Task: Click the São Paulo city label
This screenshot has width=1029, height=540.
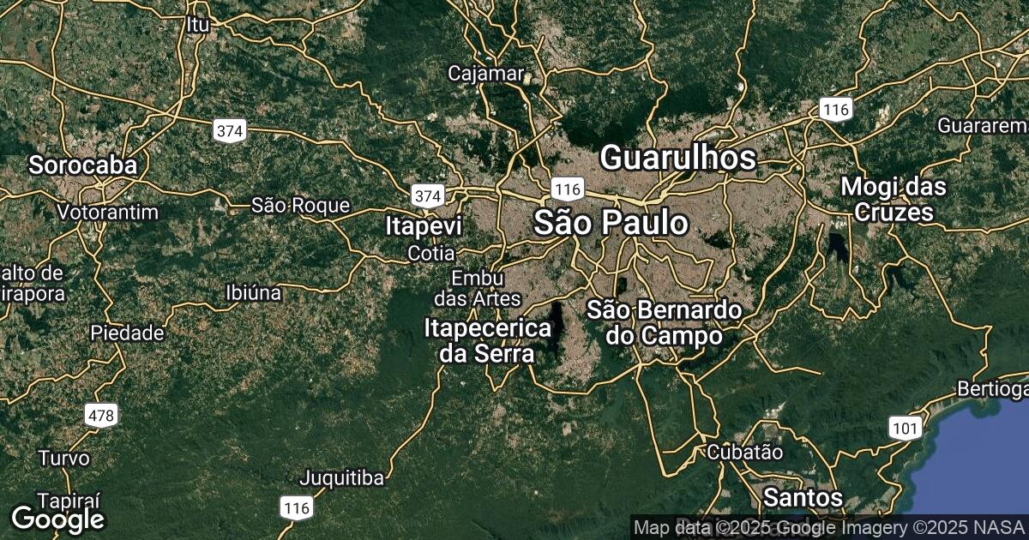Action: point(611,223)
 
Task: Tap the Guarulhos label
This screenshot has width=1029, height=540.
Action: point(677,158)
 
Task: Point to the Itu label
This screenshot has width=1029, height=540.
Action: point(197,25)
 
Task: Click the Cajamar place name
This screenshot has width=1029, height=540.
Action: point(485,74)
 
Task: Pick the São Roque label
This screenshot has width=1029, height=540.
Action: point(300,206)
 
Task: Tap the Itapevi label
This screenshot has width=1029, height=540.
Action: point(424,226)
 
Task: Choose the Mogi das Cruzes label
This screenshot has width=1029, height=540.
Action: point(893,199)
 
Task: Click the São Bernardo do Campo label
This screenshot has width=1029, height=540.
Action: point(664,322)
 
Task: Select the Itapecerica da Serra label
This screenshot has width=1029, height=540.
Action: point(487,341)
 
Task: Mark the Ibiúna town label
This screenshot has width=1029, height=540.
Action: point(253,292)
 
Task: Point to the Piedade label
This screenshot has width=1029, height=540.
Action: point(128,333)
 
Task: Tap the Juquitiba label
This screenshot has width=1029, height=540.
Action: point(341,477)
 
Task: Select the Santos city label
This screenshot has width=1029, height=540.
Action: point(803,496)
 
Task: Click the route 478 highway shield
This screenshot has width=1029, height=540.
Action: point(101,416)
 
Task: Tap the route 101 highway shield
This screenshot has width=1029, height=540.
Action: point(906,428)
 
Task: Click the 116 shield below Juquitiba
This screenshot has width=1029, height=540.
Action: point(297,508)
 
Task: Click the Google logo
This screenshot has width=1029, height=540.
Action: point(57,519)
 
